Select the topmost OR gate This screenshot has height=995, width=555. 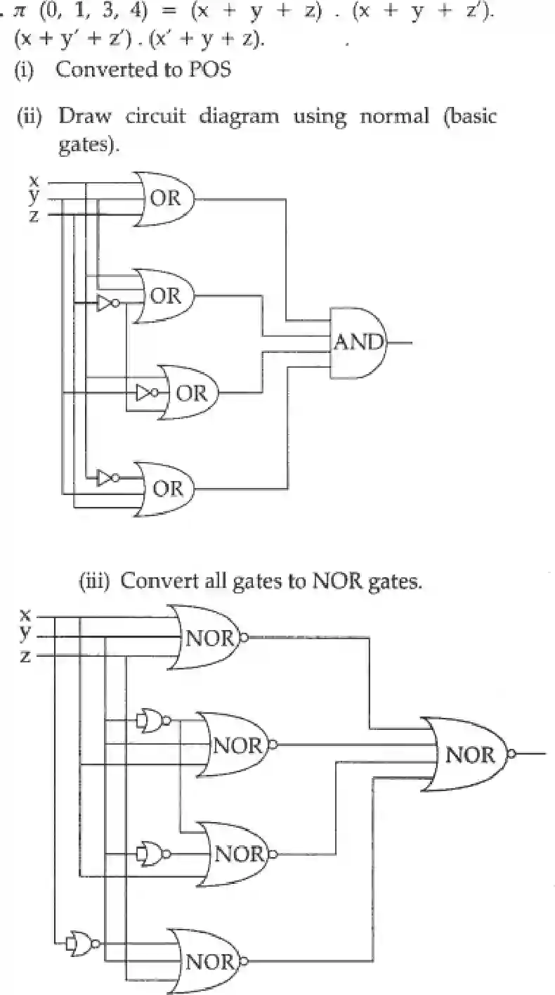coord(167,198)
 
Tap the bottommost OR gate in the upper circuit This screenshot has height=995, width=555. coord(167,488)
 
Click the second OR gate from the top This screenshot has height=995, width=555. coord(167,295)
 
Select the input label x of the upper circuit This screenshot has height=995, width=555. coord(34,180)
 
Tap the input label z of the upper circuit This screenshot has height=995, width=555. coord(34,215)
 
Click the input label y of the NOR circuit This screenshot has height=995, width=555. coord(25,634)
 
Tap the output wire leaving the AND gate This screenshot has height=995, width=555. coord(400,343)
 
